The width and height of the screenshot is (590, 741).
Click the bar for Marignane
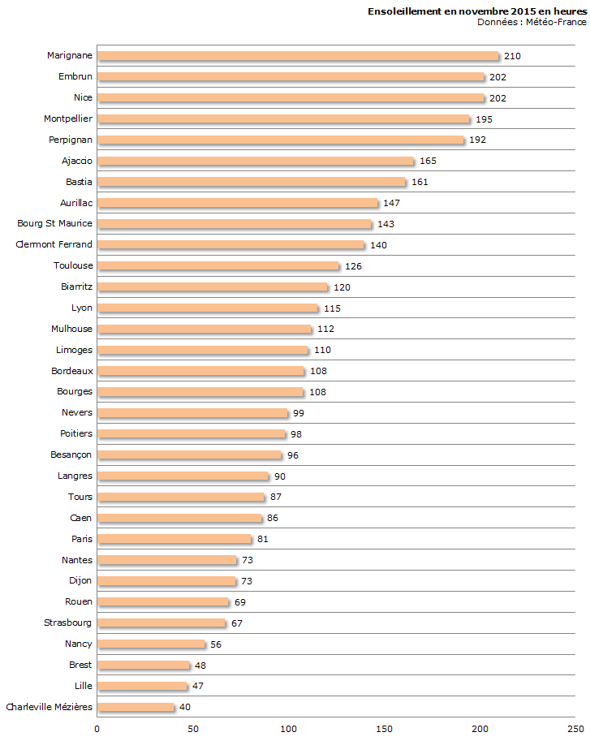[297, 56]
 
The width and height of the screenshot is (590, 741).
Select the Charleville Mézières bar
[136, 707]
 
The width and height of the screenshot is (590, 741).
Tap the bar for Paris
[174, 539]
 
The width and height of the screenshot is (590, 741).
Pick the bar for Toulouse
[217, 266]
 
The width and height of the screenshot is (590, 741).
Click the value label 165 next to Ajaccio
[428, 161]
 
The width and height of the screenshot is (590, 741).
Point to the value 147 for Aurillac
[393, 203]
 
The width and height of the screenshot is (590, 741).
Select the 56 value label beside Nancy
[216, 644]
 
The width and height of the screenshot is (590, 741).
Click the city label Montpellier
[68, 118]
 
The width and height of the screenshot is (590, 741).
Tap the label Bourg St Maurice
[54, 223]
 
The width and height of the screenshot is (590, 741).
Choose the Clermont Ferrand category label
[54, 244]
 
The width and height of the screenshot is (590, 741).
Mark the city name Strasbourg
[68, 623]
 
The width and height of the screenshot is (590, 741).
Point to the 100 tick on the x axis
[289, 729]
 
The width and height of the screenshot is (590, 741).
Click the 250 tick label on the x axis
[575, 729]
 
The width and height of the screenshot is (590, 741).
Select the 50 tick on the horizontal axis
[193, 729]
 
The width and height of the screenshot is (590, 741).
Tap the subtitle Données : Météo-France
[532, 22]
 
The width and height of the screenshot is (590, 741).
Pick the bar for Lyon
[208, 308]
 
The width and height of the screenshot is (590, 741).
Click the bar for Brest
[144, 666]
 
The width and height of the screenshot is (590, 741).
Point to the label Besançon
[71, 455]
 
